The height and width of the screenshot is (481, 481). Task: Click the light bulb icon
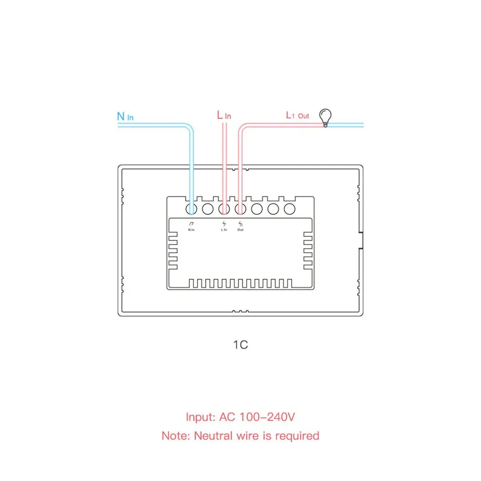tap(325, 117)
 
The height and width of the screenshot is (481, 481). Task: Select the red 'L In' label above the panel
tap(224, 115)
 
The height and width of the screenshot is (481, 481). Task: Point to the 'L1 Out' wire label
tap(297, 115)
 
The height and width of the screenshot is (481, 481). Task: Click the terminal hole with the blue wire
tap(191, 209)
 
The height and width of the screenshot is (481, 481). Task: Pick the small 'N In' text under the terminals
tap(191, 230)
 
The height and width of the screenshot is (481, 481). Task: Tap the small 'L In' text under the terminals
tap(224, 230)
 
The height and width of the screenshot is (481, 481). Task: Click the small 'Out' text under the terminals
tap(240, 230)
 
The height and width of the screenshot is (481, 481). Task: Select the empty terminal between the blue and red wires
tap(208, 209)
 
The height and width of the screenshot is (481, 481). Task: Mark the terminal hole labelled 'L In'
tap(224, 209)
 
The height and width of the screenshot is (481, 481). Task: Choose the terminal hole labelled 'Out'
tap(240, 209)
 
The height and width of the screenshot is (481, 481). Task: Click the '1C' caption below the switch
tap(240, 345)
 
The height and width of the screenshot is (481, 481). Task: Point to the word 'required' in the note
tap(295, 435)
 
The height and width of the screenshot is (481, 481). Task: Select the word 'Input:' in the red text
tap(200, 417)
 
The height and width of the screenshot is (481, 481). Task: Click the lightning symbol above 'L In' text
tap(224, 223)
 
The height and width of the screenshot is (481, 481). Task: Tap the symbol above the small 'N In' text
tap(191, 223)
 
